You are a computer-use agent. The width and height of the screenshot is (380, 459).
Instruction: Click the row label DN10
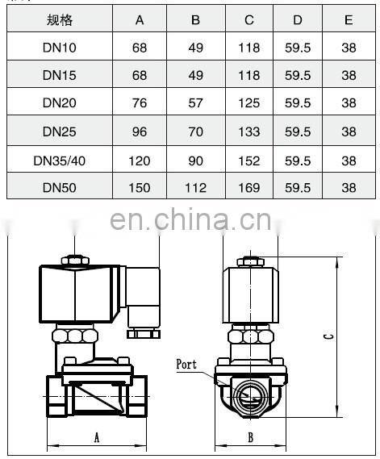pos(60,48)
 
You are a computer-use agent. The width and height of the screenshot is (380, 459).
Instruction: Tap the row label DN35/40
pos(60,160)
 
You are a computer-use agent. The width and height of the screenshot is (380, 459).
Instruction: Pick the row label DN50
pos(60,187)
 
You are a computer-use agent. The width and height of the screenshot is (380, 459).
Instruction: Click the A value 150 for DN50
pos(140,187)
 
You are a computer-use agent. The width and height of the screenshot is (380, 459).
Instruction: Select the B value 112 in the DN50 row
pos(195,187)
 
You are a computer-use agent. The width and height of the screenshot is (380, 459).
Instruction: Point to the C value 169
pos(249,187)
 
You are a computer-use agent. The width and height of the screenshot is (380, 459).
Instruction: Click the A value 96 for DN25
pos(140,131)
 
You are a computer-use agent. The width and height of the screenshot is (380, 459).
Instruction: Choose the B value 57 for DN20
pos(195,104)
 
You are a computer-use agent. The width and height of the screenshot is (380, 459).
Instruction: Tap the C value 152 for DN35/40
pos(249,160)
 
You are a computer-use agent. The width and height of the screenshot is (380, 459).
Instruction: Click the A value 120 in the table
pos(140,160)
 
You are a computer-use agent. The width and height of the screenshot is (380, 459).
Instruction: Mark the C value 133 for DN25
pos(249,131)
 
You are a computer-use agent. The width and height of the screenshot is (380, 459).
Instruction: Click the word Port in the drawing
pos(186,365)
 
